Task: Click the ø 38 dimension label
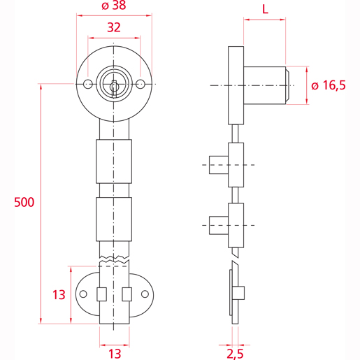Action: [x=114, y=7]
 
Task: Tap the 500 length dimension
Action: [x=23, y=203]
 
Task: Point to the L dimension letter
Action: [x=265, y=9]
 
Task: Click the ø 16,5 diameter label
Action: [x=328, y=85]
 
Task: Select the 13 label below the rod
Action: [x=114, y=352]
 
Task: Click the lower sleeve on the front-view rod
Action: [x=114, y=219]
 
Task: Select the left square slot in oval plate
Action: [x=101, y=294]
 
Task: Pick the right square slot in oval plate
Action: [x=127, y=294]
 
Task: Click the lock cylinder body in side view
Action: [x=265, y=85]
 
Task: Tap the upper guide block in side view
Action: [x=236, y=164]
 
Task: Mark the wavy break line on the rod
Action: [x=114, y=259]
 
